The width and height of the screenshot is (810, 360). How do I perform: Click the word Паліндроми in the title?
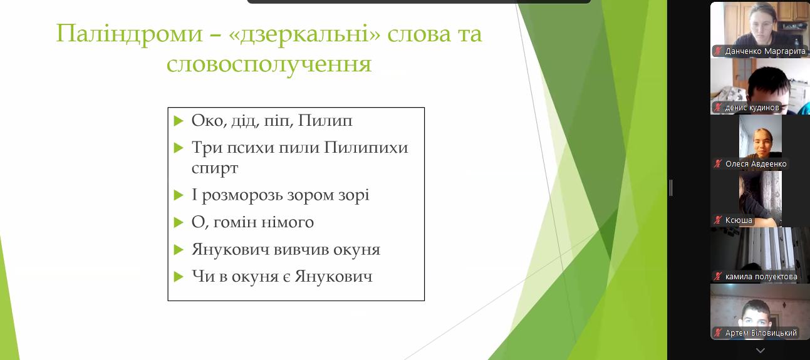point(129,34)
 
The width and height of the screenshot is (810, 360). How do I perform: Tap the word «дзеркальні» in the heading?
point(305,34)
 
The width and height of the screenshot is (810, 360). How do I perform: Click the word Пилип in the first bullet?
point(325,121)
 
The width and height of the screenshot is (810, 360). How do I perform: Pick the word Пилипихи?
point(366,148)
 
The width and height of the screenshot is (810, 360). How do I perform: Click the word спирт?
point(215,168)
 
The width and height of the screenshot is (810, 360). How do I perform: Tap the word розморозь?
point(242,195)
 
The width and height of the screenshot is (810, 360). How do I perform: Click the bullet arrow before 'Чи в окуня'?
point(179,277)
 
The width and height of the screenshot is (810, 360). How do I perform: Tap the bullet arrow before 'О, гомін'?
point(179,222)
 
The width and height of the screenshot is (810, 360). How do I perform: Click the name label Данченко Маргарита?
point(765,51)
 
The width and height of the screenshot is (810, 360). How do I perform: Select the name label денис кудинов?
point(752,107)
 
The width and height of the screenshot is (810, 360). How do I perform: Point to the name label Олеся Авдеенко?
point(755,164)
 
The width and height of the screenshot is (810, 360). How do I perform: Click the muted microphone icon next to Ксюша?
point(718,220)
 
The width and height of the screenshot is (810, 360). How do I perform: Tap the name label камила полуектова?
point(761,277)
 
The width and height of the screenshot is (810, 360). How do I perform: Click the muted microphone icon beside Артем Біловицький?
point(718,332)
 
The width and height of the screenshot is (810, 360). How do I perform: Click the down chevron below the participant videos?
point(760,350)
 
